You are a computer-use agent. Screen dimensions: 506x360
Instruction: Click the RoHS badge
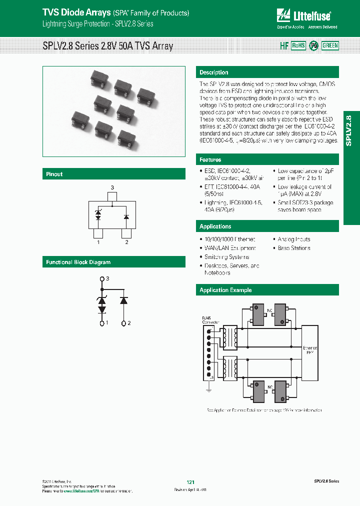[298, 45]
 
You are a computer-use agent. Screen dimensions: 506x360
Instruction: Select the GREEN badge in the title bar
[330, 45]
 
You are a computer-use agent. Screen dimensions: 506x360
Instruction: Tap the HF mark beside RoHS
[284, 45]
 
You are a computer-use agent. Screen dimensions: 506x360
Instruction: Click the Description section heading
[214, 72]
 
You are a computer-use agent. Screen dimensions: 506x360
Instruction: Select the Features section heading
[210, 159]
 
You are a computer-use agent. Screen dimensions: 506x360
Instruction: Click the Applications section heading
[215, 226]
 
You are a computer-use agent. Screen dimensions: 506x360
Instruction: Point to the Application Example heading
[225, 290]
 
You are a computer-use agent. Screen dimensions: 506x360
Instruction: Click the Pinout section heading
[54, 174]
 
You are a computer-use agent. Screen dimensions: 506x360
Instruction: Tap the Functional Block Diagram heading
[78, 262]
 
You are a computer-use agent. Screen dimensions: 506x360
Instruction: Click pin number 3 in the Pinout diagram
[112, 187]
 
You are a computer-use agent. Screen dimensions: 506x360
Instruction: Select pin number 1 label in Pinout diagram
[98, 242]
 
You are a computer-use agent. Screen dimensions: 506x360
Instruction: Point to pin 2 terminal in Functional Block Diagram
[124, 323]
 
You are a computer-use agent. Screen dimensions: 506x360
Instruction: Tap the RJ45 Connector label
[207, 320]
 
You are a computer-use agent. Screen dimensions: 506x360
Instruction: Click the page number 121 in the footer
[190, 482]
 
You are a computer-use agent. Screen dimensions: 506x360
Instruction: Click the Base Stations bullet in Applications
[294, 248]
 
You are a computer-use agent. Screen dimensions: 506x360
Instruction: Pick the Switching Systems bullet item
[223, 257]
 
